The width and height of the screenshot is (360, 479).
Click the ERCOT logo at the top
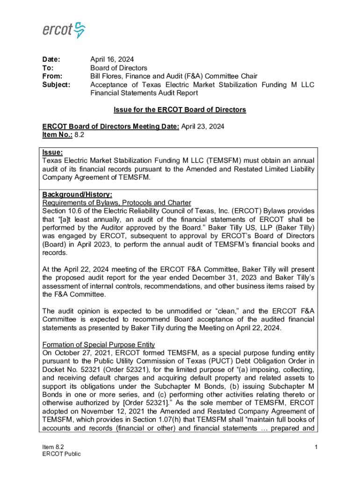[x=64, y=30]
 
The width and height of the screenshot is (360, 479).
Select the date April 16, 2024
[x=112, y=59]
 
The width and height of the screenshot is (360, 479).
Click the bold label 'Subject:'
[x=56, y=85]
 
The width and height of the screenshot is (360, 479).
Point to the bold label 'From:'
[x=52, y=76]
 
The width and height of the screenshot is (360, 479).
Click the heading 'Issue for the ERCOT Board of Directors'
[x=180, y=109]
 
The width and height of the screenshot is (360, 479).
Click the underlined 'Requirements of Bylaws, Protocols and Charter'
[x=116, y=203]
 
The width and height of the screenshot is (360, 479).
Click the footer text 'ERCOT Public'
[x=61, y=454]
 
